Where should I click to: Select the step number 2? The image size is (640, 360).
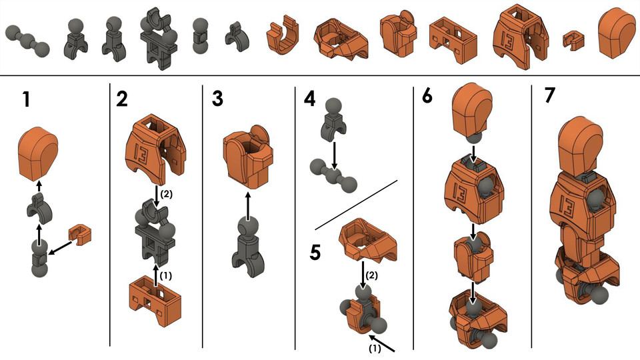pyautogui.click(x=122, y=100)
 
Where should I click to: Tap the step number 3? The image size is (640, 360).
pyautogui.click(x=217, y=100)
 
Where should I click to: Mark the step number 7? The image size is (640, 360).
pyautogui.click(x=549, y=96)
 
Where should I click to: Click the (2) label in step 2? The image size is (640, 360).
pyautogui.click(x=166, y=194)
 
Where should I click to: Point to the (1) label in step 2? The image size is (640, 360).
pyautogui.click(x=167, y=273)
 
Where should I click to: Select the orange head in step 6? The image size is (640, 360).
pyautogui.click(x=473, y=110)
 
